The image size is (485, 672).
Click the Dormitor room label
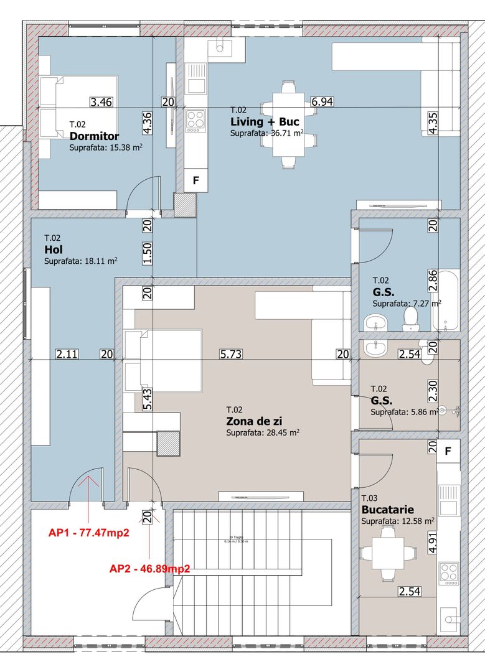click(94, 136)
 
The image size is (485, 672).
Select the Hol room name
click(53, 249)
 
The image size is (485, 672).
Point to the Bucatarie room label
click(387, 510)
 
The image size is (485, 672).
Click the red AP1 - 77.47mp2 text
click(97, 533)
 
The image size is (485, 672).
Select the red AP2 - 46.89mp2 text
click(149, 568)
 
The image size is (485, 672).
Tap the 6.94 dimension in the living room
click(323, 102)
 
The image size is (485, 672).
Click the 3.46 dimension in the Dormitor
click(101, 102)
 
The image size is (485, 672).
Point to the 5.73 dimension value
click(231, 354)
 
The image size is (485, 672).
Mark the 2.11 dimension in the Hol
click(67, 354)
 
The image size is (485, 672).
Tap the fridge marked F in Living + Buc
click(196, 180)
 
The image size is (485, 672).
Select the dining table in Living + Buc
click(288, 124)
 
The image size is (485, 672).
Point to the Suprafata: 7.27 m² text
click(406, 304)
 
